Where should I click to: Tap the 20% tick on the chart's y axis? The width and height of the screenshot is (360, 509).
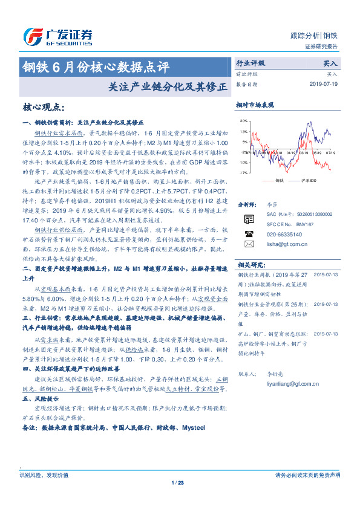coord(244,120)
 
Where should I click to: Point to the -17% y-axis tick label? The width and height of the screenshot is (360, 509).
coord(243,173)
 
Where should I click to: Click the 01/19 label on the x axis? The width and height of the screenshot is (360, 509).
coord(292,153)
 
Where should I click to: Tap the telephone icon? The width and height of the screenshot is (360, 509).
coord(249,233)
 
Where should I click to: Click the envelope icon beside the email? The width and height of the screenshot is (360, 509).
coord(249,244)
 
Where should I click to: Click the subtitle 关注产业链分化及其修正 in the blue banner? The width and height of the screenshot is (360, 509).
coord(163,86)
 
